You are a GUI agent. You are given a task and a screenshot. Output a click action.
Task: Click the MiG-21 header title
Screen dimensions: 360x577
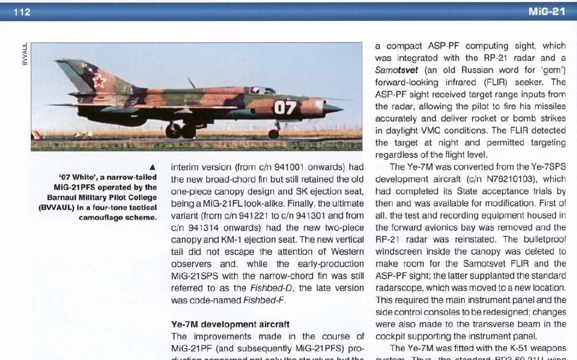click(548, 12)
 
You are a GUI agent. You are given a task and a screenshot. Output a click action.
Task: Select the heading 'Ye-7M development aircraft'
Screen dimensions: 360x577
click(231, 324)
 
